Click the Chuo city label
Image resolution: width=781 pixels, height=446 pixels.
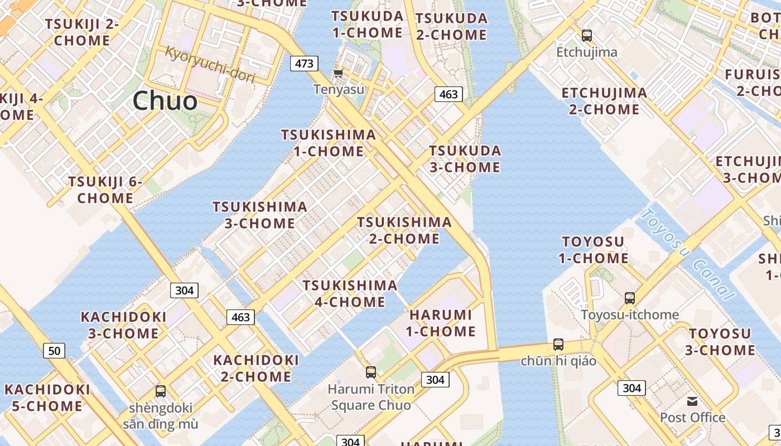click(165, 101)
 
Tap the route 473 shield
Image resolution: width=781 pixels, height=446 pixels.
click(304, 64)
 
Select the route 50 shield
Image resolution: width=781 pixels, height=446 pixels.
click(54, 351)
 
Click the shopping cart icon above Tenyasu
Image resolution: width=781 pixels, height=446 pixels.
click(338, 74)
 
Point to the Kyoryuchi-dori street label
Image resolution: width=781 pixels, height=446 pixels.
click(210, 65)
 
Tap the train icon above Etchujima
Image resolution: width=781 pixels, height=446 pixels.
click(587, 36)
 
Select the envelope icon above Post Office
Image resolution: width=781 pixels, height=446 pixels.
click(692, 401)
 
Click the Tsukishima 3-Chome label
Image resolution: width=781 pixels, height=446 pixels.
click(259, 215)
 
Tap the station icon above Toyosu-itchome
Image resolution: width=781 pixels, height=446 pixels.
click(630, 298)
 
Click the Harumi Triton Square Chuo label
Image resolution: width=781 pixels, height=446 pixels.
click(371, 397)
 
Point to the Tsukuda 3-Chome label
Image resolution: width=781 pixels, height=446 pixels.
click(465, 159)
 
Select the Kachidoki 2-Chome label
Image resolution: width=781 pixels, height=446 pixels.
click(256, 368)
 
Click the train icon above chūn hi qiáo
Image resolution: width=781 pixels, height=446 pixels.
click(558, 345)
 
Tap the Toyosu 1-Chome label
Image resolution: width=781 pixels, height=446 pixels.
click(593, 250)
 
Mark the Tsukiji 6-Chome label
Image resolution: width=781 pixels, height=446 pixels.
click(105, 190)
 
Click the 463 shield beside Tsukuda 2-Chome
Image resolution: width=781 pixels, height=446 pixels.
click(449, 94)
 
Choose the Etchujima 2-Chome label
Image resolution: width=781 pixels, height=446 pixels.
click(604, 101)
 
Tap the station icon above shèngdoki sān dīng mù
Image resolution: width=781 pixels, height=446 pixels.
click(161, 391)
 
